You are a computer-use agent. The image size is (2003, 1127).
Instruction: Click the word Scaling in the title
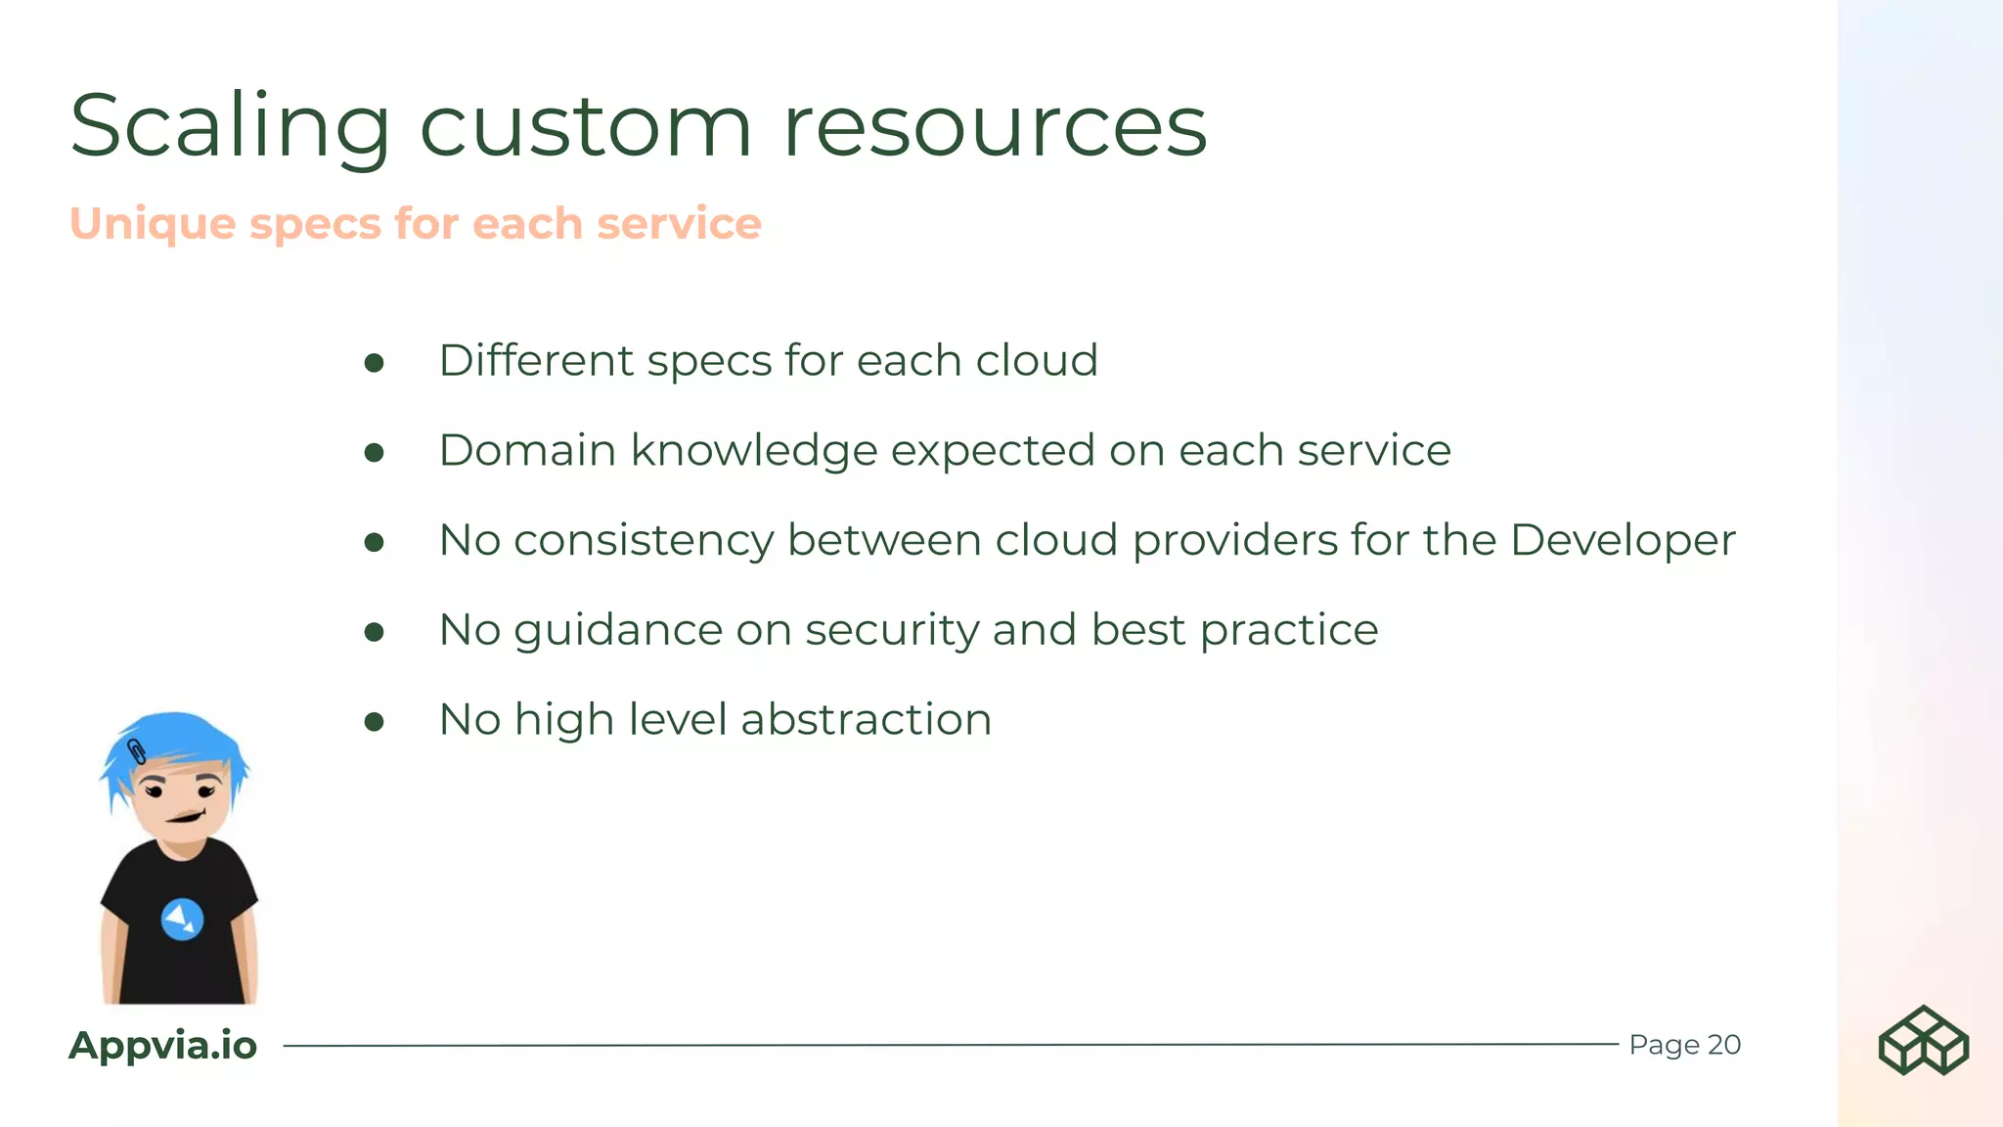(231, 127)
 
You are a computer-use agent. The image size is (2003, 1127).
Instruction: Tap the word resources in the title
(995, 127)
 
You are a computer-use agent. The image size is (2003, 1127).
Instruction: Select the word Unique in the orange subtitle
(153, 224)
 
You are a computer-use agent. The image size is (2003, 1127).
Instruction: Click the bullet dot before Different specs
(374, 364)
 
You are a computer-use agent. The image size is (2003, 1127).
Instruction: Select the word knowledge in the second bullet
(754, 451)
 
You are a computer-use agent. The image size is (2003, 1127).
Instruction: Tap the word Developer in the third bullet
(1623, 540)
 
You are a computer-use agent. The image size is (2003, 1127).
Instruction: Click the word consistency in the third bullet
(644, 540)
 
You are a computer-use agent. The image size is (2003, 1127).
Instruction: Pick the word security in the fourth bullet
(892, 630)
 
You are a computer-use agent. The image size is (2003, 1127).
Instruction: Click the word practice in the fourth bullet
(1289, 630)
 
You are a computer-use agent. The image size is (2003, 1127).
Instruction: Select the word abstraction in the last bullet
(867, 720)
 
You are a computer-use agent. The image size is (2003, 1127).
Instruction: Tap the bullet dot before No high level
(374, 723)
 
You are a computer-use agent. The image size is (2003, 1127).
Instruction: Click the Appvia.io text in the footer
(163, 1045)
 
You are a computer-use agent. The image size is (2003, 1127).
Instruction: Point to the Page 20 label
(1684, 1045)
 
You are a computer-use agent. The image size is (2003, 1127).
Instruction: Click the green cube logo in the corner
(1923, 1040)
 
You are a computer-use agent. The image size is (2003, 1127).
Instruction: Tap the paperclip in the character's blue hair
(137, 751)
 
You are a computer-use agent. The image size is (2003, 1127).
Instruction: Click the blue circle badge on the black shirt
(182, 919)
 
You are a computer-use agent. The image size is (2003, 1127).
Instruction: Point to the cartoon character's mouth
(185, 816)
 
